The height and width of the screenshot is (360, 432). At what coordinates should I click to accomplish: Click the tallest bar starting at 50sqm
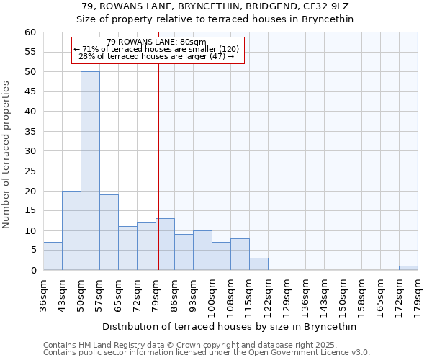pos(91,171)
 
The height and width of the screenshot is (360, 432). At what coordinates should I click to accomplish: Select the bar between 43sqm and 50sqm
pos(71,230)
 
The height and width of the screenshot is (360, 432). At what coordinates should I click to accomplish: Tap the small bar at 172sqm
pos(408,268)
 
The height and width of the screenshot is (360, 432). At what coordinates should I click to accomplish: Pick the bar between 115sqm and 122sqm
pos(258,264)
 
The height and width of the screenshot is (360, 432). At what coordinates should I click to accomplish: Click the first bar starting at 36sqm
pos(53,256)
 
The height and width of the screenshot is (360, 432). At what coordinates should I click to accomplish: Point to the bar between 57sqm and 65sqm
pos(109,232)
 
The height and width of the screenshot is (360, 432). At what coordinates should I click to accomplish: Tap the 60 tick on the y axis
pos(30,32)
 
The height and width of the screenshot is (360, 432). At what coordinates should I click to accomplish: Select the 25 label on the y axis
pos(30,171)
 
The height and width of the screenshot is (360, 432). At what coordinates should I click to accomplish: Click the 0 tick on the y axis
pos(33,271)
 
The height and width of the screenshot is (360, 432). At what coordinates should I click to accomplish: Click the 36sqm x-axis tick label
pos(43,296)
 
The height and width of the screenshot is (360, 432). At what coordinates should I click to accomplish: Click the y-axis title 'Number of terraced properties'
pos(6,155)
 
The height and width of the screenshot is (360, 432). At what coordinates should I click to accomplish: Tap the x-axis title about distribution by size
pos(229,326)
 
